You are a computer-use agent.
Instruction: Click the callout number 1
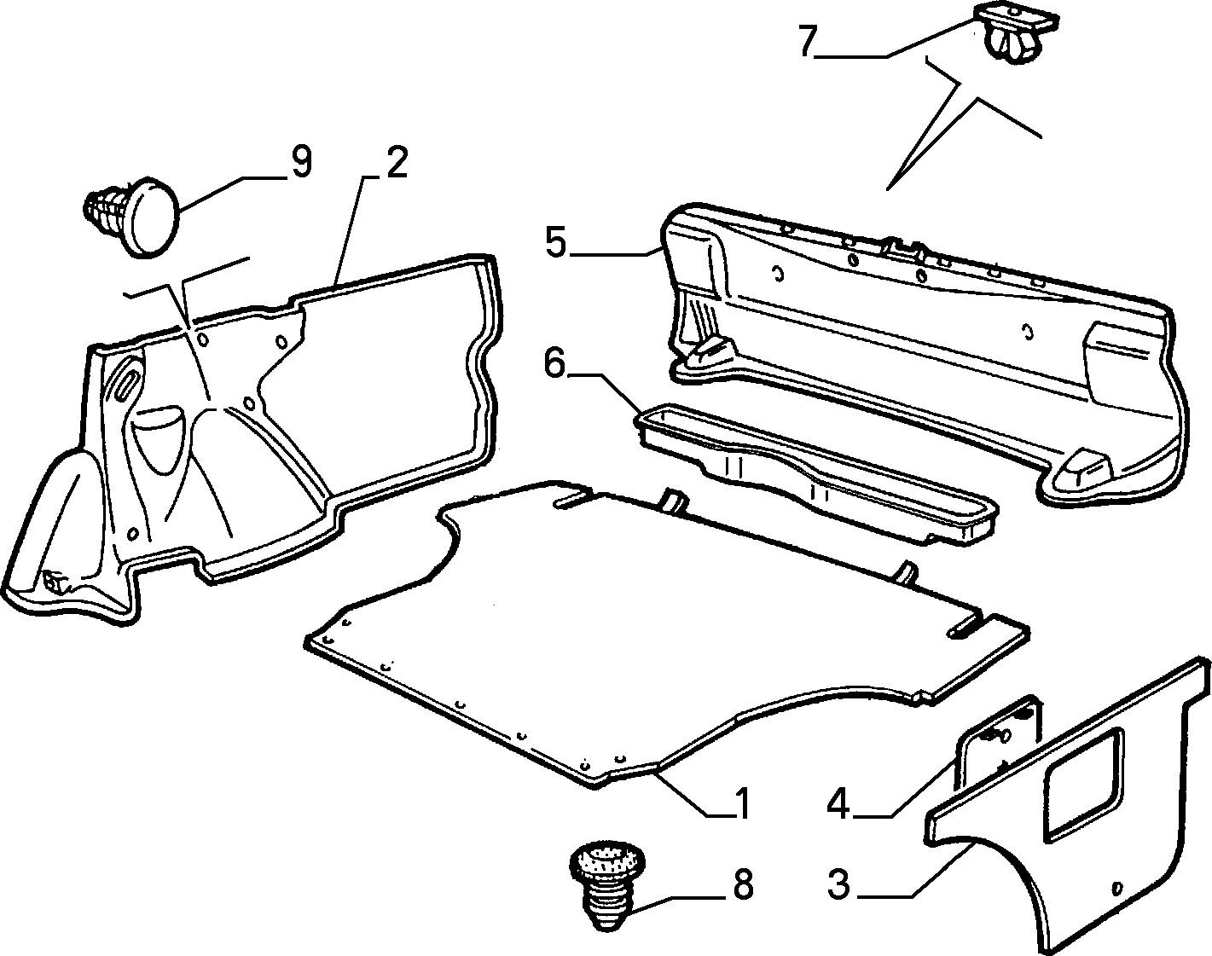(743, 804)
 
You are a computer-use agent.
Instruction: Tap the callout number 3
(838, 884)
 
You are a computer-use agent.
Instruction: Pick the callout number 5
(556, 243)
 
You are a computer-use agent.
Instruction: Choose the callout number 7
(807, 41)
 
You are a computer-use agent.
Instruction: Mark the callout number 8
(743, 884)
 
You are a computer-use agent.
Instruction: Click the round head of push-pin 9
(151, 218)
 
